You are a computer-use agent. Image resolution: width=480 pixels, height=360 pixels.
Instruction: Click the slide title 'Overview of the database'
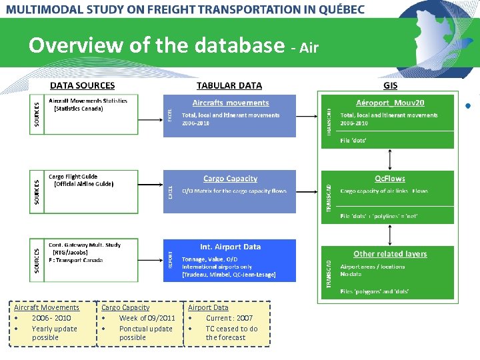157,45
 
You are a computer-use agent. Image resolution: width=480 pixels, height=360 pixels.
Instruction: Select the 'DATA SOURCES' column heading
82,85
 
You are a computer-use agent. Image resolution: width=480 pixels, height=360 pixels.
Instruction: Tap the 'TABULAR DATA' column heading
229,85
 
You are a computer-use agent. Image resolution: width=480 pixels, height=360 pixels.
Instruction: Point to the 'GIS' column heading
390,85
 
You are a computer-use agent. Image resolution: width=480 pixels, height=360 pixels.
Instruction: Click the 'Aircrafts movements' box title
231,103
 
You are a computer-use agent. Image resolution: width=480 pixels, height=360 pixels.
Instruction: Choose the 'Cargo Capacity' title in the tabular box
230,179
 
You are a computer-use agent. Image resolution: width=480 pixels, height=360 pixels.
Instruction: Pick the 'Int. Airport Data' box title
230,247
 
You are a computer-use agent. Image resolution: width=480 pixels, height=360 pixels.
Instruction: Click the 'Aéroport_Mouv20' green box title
390,103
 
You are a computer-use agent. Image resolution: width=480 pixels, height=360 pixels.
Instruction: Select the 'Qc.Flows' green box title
390,179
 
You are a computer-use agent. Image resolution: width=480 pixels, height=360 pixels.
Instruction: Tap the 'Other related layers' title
390,254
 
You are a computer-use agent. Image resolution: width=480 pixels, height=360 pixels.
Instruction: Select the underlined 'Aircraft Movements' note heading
47,307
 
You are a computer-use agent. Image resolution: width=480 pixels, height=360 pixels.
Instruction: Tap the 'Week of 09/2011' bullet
147,318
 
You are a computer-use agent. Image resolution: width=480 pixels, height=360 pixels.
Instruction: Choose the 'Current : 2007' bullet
229,318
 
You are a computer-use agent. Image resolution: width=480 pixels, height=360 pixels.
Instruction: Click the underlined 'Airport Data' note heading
208,307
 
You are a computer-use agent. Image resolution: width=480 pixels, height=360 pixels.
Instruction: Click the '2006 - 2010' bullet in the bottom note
51,318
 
